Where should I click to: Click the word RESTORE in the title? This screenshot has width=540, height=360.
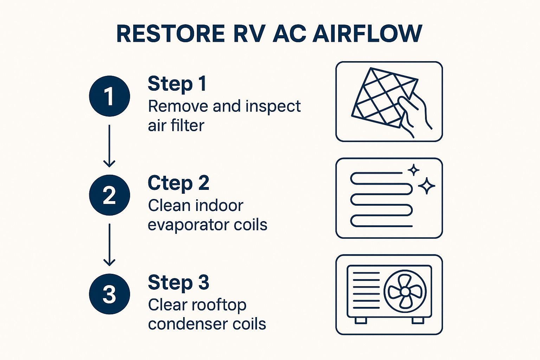170,34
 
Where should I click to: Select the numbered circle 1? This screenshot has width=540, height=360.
109,96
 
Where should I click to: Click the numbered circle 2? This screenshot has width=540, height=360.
109,195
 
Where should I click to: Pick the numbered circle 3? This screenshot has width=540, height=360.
109,294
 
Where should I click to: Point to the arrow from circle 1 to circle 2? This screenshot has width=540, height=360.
109,146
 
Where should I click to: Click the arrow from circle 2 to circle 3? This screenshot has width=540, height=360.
109,245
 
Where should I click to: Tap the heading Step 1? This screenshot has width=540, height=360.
177,84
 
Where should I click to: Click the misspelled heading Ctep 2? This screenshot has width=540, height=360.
178,183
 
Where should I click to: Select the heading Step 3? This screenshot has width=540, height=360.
178,282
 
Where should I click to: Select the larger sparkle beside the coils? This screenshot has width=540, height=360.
427,186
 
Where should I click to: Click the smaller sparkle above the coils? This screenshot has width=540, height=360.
414,170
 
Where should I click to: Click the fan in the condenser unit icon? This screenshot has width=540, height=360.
405,291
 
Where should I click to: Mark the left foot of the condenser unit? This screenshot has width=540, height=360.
361,320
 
